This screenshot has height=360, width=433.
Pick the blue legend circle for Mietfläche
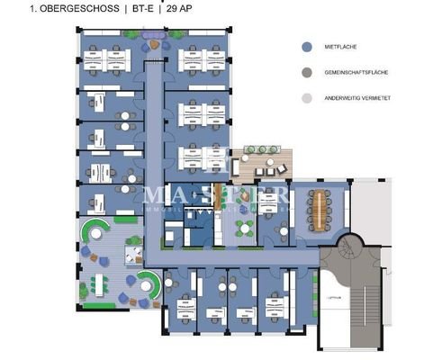pos(307,48)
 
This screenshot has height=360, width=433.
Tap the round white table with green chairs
pos(133,256)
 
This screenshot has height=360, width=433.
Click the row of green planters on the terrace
pos(261,149)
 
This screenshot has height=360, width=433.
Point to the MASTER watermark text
pos(216,196)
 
